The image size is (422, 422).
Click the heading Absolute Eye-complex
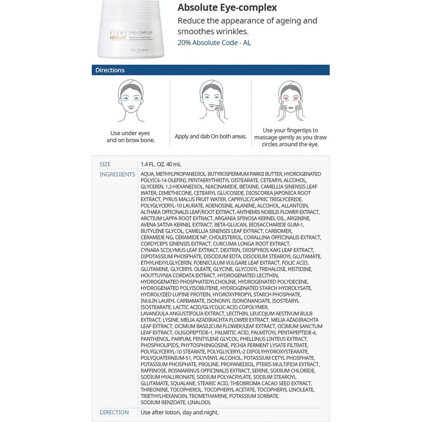coord(227,7)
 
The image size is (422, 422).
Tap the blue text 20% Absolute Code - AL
coord(214,42)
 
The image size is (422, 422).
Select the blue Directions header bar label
coord(110,70)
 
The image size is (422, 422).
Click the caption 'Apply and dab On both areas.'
coord(210,136)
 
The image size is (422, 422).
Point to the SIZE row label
coord(105,164)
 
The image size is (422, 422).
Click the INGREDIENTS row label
coord(117,174)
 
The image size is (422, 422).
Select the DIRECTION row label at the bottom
coord(114,412)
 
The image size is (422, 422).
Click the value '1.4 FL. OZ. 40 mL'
coord(161,164)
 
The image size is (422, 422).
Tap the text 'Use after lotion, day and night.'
coord(180,412)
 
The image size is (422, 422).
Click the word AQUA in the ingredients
coord(147,174)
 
